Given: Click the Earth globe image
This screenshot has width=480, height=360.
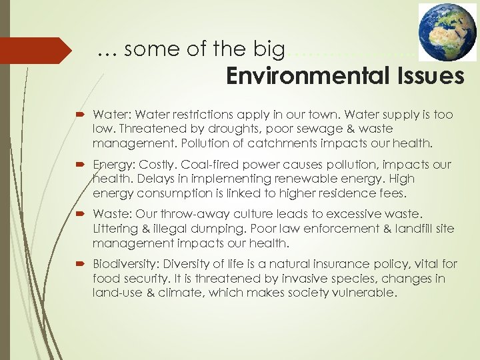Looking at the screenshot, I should point(448,31).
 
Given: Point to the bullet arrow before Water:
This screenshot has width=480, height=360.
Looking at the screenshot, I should point(83,115).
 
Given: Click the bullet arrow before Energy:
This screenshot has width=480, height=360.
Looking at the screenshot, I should point(83,165).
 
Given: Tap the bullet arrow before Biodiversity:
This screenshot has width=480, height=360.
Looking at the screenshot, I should point(83,264).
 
